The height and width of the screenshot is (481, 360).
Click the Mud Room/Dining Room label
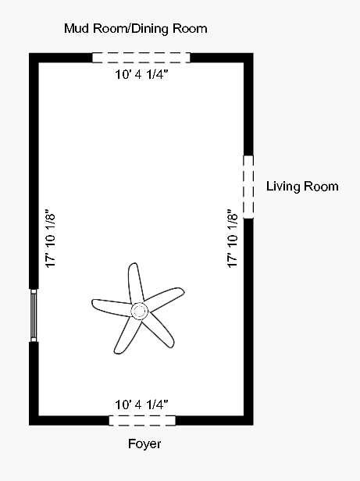[x=137, y=29]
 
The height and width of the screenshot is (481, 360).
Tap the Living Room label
[x=302, y=186]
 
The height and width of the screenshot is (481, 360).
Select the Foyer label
[x=144, y=444]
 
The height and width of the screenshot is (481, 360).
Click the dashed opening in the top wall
[x=141, y=57]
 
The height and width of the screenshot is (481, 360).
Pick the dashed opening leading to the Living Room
[x=248, y=187]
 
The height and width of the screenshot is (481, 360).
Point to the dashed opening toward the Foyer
[x=141, y=420]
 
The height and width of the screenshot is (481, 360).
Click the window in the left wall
[x=34, y=315]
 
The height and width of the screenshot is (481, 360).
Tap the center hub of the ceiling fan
[x=139, y=312]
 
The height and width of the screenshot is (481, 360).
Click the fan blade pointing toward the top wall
[x=134, y=282]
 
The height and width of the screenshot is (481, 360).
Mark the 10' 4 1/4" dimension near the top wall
[x=141, y=76]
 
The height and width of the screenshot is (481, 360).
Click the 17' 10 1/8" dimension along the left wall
[x=51, y=239]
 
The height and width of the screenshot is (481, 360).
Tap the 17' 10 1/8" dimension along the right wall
[x=231, y=239]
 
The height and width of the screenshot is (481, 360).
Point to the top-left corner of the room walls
[x=34, y=57]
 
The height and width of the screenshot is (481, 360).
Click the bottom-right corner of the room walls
[x=248, y=420]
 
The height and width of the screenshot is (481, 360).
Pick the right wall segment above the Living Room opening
[x=248, y=105]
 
